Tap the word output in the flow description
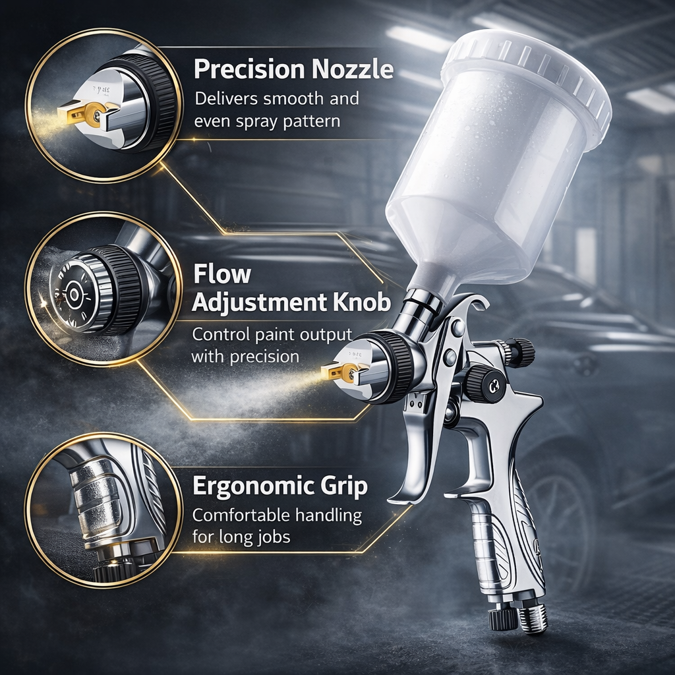coord(322,334)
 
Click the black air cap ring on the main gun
coord(396,366)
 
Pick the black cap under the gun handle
coord(502,618)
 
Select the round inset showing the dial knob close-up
coord(103,289)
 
